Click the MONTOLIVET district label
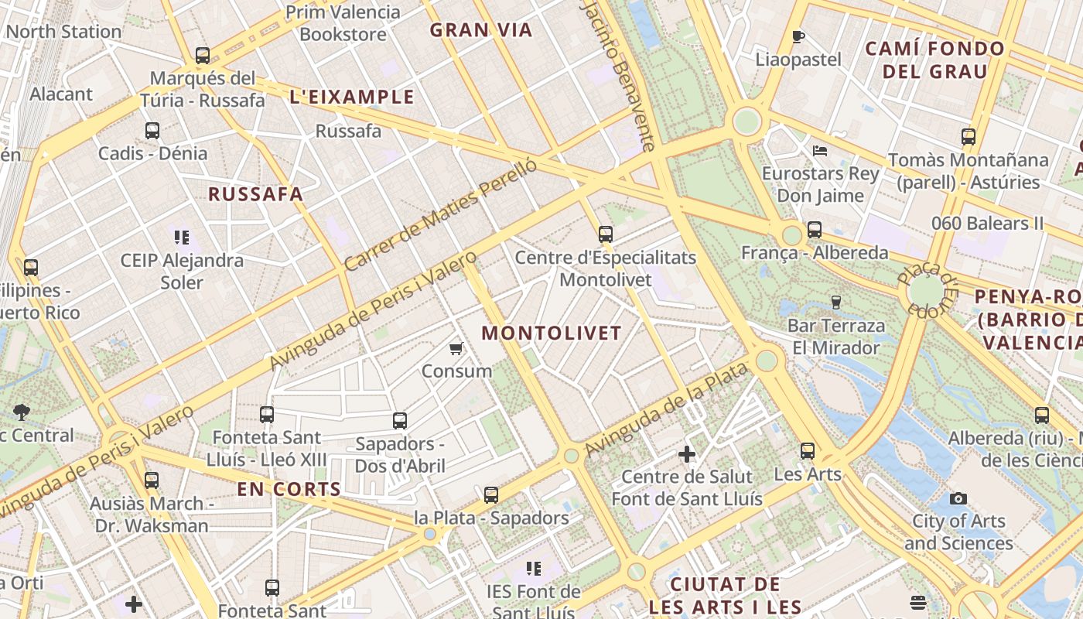click(552, 333)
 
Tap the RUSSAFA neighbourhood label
click(255, 194)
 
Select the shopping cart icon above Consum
click(456, 349)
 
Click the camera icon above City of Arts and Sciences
click(958, 498)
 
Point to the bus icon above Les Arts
click(808, 450)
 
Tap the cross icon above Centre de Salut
click(686, 454)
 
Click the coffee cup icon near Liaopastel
click(798, 36)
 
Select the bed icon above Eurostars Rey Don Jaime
click(820, 150)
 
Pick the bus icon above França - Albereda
click(815, 230)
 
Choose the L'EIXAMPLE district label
click(352, 97)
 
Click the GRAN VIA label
click(481, 30)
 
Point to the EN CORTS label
click(289, 489)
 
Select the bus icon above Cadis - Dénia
click(152, 131)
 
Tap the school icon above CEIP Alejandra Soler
click(182, 238)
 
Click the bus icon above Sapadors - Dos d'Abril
click(400, 421)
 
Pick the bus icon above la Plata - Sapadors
click(491, 495)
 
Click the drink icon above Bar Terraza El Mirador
click(835, 302)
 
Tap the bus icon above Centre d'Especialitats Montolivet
click(606, 234)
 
